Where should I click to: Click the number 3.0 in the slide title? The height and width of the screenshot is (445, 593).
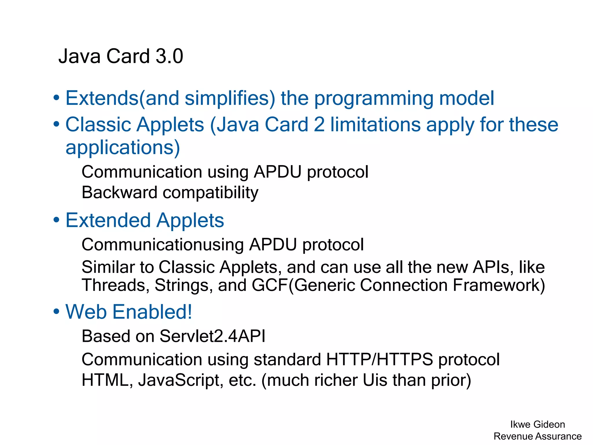pos(169,56)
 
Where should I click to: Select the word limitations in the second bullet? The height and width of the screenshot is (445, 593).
pos(375,125)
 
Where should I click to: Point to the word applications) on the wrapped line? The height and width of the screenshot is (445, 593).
pos(123,148)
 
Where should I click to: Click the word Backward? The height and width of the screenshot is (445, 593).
pos(120,192)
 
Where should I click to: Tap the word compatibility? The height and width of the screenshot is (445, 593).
pos(211,193)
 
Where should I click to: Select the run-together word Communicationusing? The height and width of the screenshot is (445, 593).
pos(163,245)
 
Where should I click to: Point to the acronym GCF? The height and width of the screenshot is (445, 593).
pos(270,285)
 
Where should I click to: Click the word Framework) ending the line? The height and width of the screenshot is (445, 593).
pos(499,285)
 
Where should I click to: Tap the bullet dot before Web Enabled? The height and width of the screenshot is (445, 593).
pos(56,312)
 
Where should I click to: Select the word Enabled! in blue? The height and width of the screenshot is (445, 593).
pos(152,312)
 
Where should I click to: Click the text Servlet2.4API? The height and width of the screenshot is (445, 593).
pos(212,336)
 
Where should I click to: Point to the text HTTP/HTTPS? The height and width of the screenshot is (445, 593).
pos(380,360)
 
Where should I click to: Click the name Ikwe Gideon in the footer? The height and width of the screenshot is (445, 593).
pos(537,424)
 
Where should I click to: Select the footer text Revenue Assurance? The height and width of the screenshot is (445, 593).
pos(537,436)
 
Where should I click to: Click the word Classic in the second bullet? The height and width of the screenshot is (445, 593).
pos(98,125)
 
